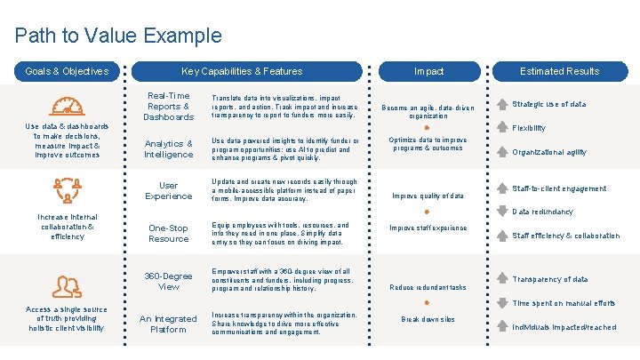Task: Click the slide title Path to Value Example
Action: [x=118, y=36]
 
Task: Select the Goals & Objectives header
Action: [x=67, y=71]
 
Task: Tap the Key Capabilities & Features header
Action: [x=242, y=71]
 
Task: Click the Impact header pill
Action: [x=428, y=71]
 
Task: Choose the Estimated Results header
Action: [x=559, y=71]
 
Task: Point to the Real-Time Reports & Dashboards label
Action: [x=169, y=106]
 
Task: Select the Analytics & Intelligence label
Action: [x=169, y=148]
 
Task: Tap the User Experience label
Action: [x=169, y=190]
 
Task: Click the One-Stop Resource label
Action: [x=169, y=233]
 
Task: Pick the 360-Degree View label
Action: [x=169, y=281]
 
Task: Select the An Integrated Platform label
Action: [x=169, y=324]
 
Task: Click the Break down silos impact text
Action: [x=428, y=319]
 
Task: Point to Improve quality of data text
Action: [x=428, y=196]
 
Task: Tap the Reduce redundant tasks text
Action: [x=428, y=287]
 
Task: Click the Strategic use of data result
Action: [x=548, y=104]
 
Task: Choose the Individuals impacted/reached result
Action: [x=564, y=327]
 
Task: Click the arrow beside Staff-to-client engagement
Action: [x=503, y=188]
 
